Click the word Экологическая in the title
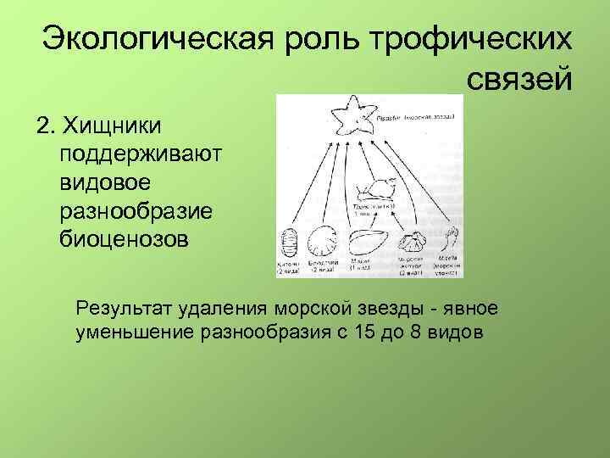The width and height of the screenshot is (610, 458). tap(154, 39)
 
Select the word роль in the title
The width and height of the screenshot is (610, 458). tap(315, 39)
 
